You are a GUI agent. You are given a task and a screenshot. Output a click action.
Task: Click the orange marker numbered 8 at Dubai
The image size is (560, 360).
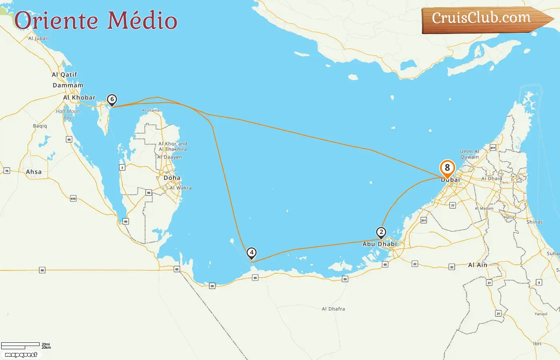coord(447,168)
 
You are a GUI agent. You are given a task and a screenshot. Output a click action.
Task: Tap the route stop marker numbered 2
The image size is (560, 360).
coord(381,232)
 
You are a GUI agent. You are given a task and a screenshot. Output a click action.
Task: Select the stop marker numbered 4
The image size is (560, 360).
coord(252,253)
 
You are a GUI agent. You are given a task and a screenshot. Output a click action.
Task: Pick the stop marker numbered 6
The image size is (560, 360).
coord(112,99)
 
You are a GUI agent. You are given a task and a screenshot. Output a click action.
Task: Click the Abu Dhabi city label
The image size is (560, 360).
coord(380,244)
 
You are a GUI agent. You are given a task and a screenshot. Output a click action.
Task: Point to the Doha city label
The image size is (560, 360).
coord(172,178)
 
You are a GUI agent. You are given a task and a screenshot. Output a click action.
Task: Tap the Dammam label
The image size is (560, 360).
coord(68,85)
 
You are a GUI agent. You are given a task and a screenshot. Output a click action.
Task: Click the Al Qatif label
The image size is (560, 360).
coord(64,74)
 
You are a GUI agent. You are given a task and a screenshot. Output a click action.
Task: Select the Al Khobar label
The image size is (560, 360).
coord(79,97)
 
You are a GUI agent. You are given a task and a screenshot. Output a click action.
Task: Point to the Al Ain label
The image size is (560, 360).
coord(478,265)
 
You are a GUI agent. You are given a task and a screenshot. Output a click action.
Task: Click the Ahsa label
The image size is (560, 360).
coord(34,172)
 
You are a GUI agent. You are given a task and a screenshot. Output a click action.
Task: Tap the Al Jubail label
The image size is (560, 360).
coord(38,38)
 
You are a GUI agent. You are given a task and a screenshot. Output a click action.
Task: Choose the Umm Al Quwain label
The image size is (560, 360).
coord(469,154)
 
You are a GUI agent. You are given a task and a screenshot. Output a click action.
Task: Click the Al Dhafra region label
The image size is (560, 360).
coord(333,309)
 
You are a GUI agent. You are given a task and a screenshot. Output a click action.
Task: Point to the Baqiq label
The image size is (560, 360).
coord(40,126)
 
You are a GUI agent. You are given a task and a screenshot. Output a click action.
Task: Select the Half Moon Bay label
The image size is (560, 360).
coord(68,114)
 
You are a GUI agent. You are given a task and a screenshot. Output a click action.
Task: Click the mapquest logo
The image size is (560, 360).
coord(21,355)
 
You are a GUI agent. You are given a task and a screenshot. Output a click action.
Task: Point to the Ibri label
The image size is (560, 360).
coord(537,344)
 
